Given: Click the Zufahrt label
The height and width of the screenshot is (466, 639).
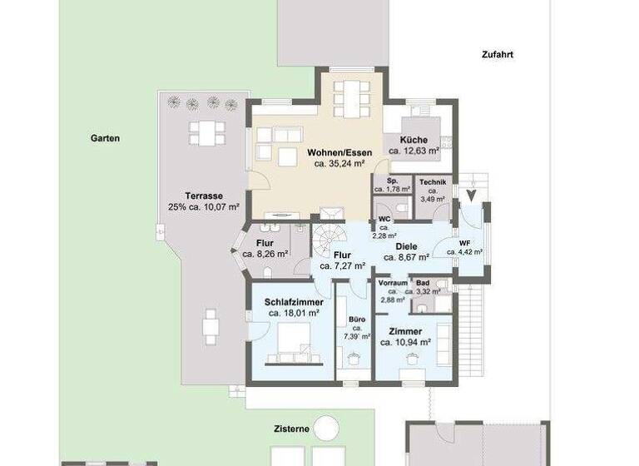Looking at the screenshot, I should [497, 55].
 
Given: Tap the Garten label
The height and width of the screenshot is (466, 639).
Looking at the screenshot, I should [105, 139].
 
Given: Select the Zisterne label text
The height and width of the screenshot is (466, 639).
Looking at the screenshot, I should [292, 429].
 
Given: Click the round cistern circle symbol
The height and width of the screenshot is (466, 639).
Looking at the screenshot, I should [326, 429].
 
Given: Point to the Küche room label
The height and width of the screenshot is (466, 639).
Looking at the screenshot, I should [414, 140].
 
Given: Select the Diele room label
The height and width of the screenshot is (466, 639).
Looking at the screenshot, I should [405, 246].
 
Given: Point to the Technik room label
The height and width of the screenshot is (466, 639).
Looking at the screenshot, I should [433, 182].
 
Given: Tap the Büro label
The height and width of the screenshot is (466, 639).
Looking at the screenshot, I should [356, 319].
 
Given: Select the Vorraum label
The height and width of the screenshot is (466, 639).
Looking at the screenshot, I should [392, 284].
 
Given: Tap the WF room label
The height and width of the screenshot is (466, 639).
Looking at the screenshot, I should [464, 243].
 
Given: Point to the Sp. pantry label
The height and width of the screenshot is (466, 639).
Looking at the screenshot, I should [393, 181].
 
